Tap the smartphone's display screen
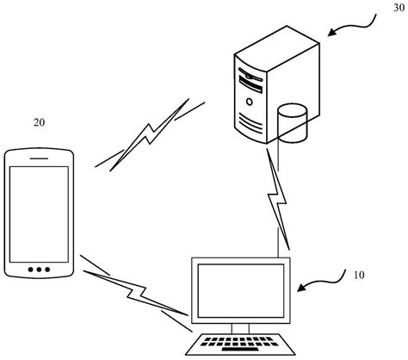coord(38,210)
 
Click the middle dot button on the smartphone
coord(38,270)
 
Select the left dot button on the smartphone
coord(28,270)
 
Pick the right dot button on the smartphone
coord(48,270)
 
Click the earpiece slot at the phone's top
coord(38,158)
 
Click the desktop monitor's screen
coord(241,289)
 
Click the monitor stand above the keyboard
coord(240,327)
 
